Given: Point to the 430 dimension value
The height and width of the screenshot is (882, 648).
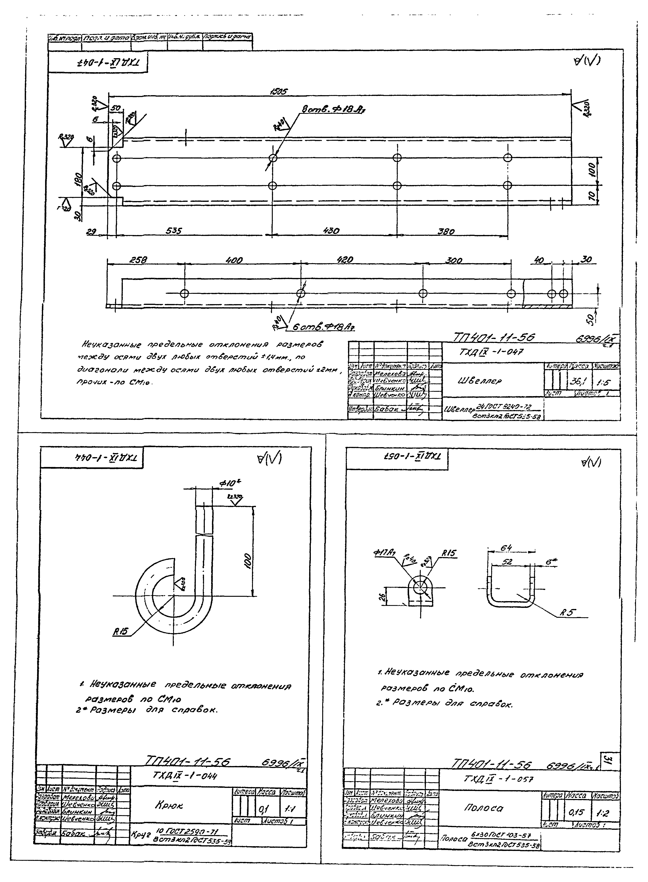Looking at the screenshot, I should tap(331, 231).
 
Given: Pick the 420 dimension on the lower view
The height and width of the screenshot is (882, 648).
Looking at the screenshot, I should tap(345, 260).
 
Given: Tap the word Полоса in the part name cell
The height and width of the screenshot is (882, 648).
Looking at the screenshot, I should tap(483, 808).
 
